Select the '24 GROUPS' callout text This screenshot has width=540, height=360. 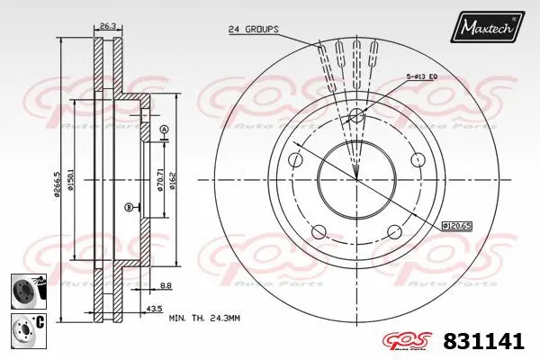tap(254, 29)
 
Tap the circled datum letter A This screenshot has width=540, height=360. tap(163, 132)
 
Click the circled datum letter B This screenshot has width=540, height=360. tap(129, 207)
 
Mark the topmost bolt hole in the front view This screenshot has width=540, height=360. tap(356, 115)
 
